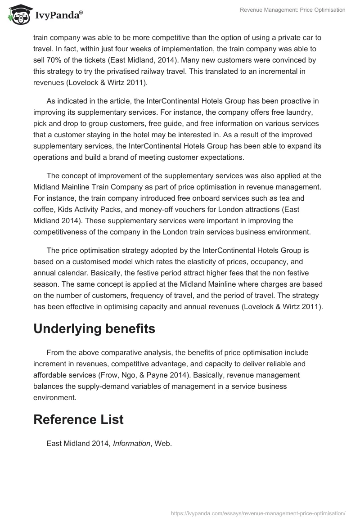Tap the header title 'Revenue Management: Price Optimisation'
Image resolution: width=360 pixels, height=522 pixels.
(292, 10)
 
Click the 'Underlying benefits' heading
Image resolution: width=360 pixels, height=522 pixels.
(94, 329)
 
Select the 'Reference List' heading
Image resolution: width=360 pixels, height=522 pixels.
(78, 419)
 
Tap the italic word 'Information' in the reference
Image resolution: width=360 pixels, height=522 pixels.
(131, 443)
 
